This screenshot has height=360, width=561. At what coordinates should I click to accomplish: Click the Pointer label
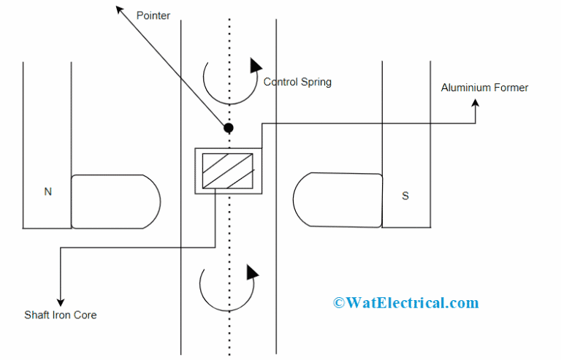[x=153, y=15]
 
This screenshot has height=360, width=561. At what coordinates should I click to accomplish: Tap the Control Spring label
[x=297, y=82]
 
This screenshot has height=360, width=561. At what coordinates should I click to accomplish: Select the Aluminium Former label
[x=484, y=88]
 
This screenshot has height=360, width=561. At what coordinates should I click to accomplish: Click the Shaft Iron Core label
[x=61, y=315]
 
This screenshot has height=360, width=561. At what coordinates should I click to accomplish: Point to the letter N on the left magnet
[x=48, y=192]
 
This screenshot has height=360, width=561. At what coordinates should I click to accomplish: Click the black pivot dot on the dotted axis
[x=229, y=128]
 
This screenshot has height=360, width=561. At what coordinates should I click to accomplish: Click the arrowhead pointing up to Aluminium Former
[x=476, y=104]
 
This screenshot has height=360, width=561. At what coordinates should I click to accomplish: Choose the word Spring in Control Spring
[x=316, y=82]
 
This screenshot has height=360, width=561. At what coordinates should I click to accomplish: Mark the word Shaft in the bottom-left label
[x=37, y=315]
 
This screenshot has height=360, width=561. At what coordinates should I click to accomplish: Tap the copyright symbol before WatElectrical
[x=339, y=302]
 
